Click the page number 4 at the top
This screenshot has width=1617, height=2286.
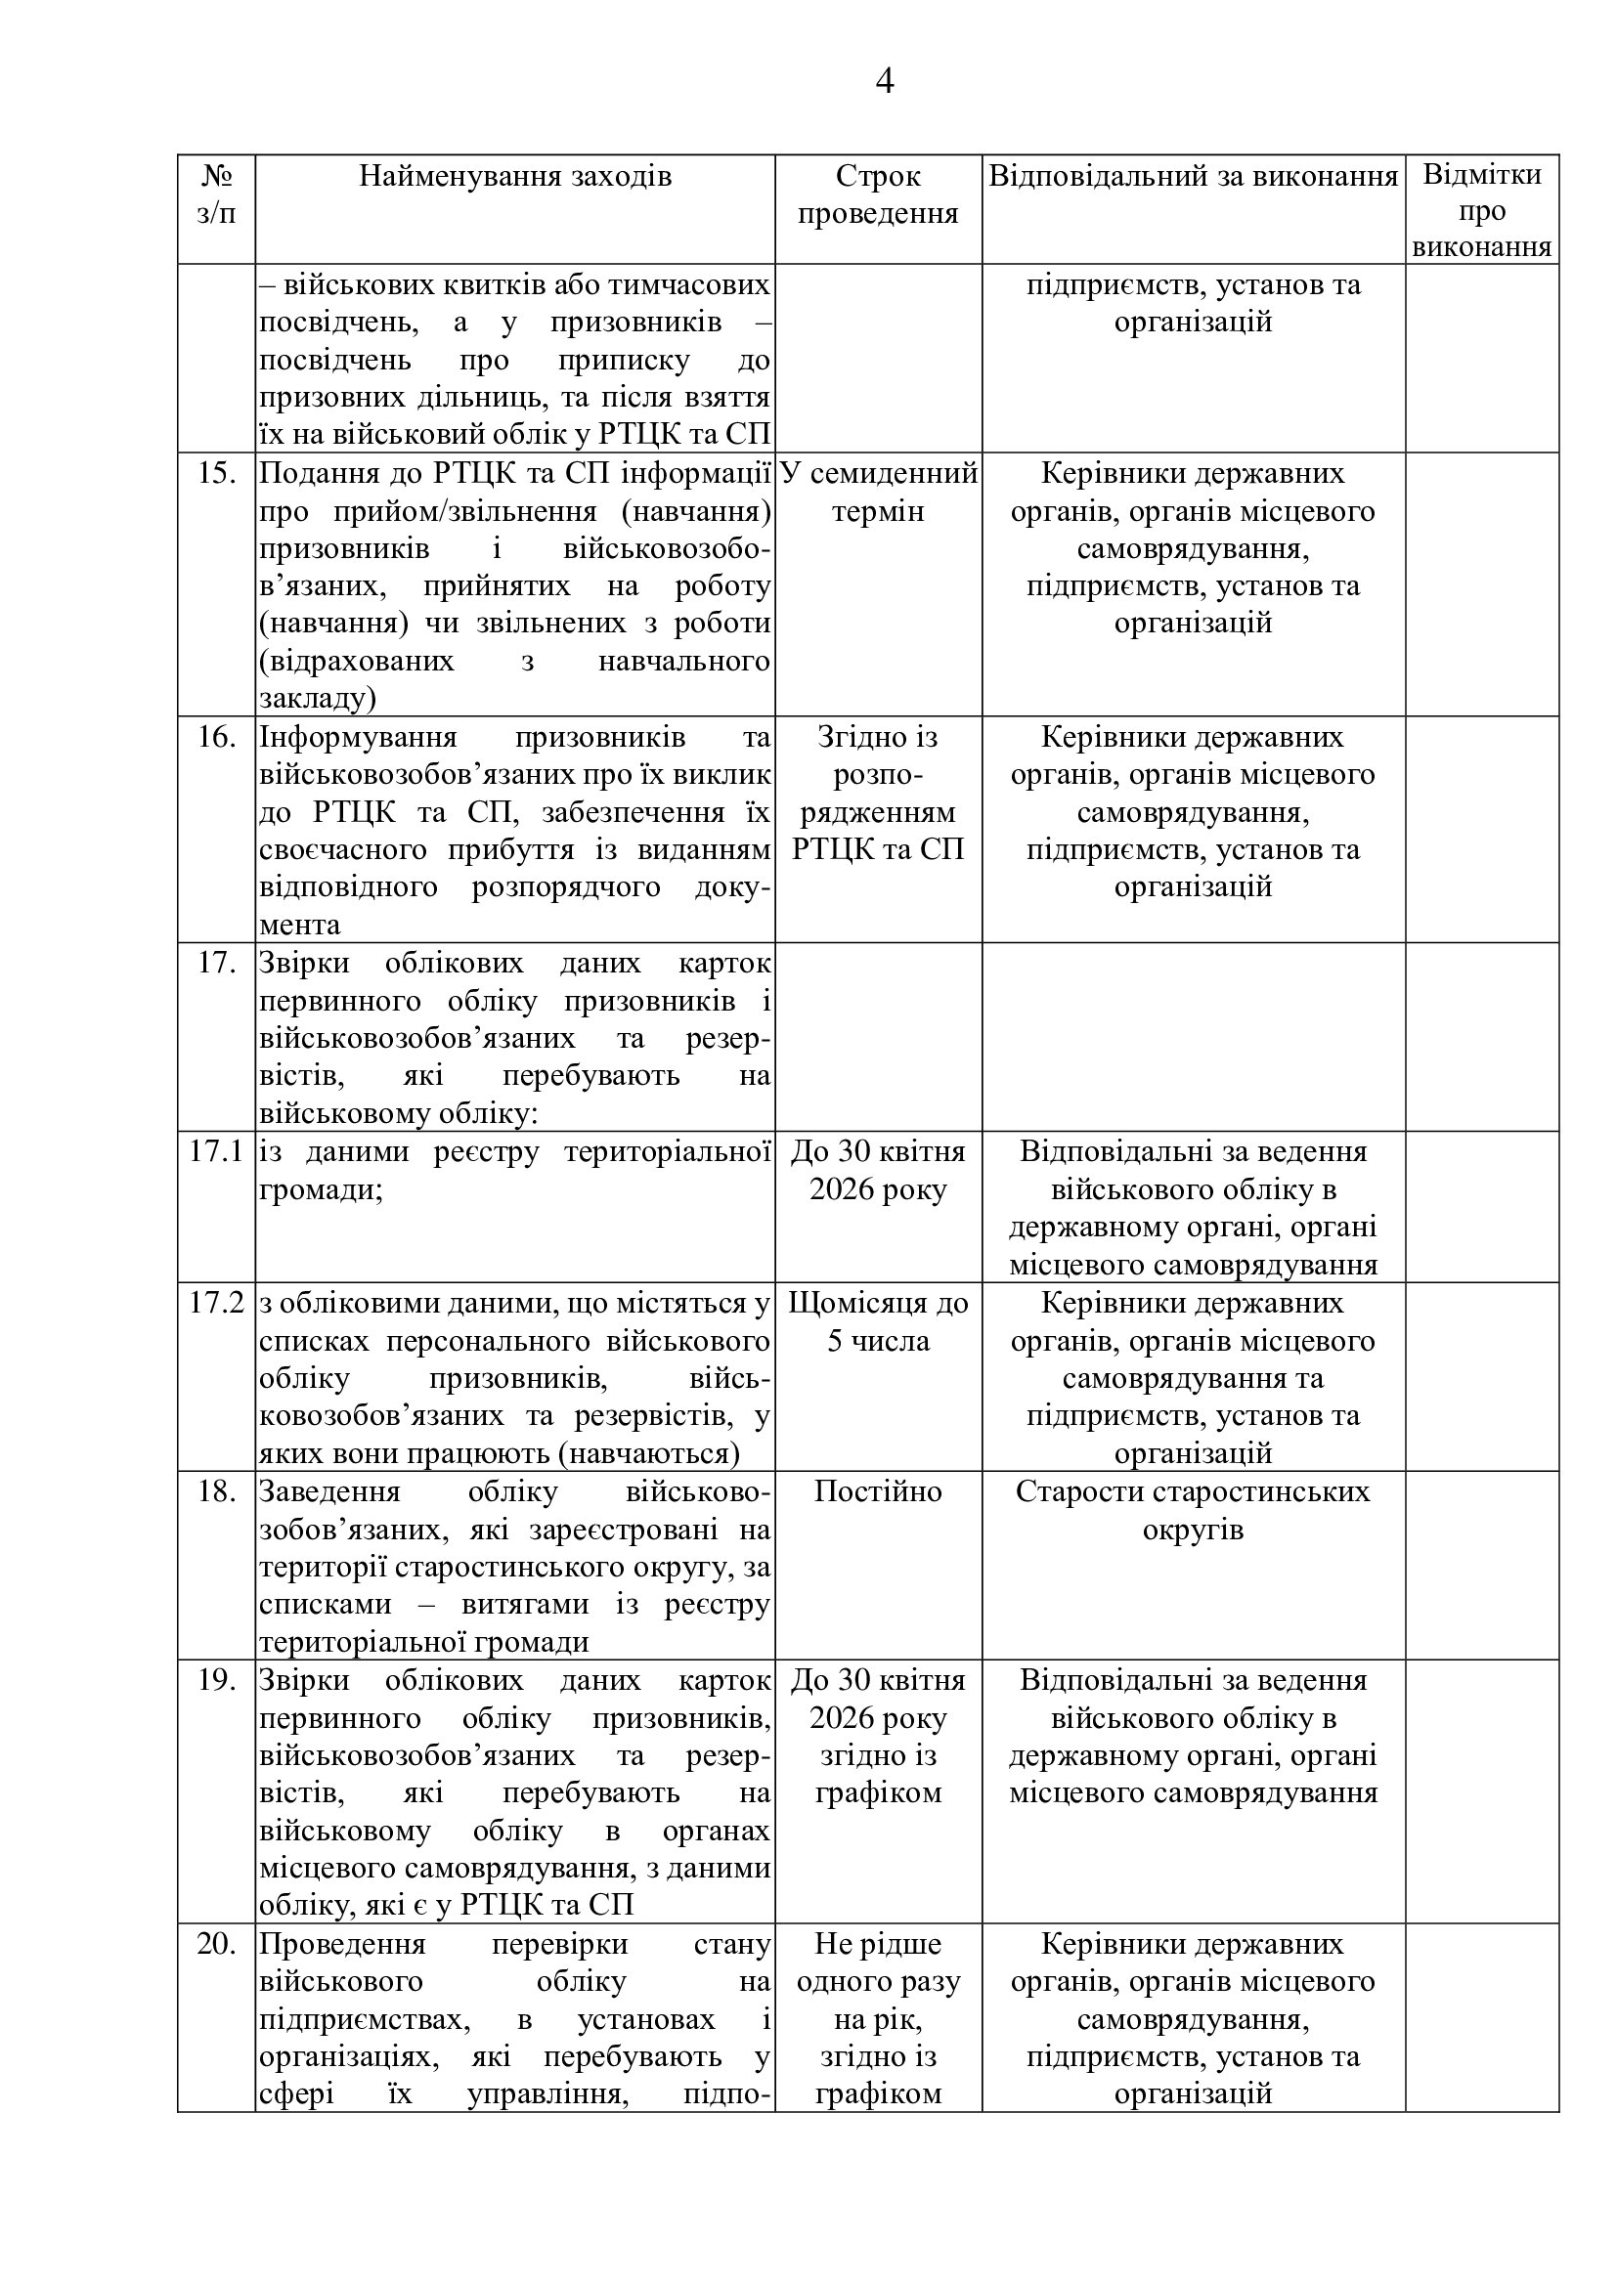tap(884, 81)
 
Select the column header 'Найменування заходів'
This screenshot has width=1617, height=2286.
tap(515, 176)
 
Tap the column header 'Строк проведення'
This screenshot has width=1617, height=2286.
tap(877, 194)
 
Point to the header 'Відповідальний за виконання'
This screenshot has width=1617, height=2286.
tap(1193, 176)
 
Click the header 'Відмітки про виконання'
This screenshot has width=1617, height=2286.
tap(1481, 210)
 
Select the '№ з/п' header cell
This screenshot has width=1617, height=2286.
tap(216, 194)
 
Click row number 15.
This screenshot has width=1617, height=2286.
tap(216, 473)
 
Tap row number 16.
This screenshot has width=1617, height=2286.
tap(216, 737)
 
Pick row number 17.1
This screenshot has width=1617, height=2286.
tap(216, 1152)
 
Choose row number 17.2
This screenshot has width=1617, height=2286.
tap(216, 1304)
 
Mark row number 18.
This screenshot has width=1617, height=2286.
tap(216, 1491)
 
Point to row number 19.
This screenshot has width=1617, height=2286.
tap(216, 1681)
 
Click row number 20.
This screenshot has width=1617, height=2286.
tap(216, 1945)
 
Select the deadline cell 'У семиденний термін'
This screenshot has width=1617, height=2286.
tap(877, 492)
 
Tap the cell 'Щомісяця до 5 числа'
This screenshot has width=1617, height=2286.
tap(877, 1322)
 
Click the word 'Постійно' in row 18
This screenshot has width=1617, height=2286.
tap(877, 1491)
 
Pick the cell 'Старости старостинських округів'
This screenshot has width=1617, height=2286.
tap(1193, 1510)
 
